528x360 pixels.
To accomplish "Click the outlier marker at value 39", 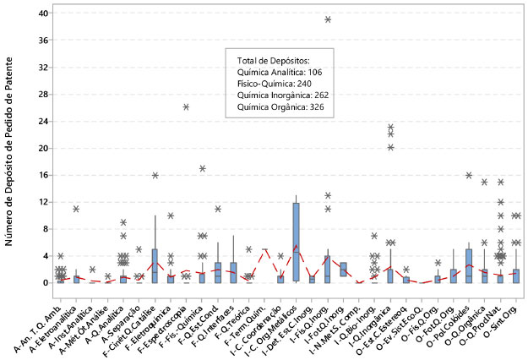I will point(328,19).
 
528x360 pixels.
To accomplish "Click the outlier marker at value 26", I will point(186,106).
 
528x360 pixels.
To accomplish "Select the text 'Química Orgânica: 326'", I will point(282,106).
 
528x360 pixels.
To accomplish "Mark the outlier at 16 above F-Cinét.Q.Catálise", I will point(155,175).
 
